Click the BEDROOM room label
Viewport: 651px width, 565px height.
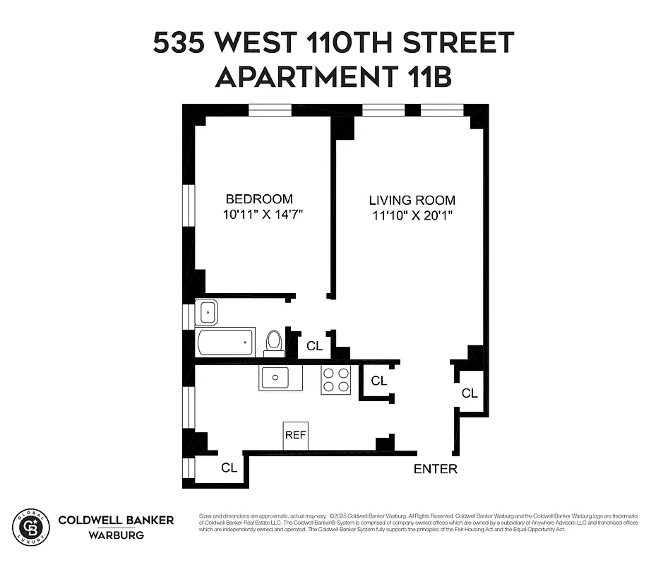258,199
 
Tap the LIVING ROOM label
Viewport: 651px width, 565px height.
412,200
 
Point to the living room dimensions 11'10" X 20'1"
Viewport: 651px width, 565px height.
412,215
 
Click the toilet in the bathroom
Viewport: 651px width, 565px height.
274,343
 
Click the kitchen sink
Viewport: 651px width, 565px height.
280,377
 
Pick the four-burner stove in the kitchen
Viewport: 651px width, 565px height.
336,380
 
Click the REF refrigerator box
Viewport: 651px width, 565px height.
295,434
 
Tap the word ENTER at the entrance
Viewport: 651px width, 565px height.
435,468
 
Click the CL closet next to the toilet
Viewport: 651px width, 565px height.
315,346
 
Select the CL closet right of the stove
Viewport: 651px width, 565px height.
379,381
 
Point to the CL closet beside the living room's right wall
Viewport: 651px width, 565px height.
470,393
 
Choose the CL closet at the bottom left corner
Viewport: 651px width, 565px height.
229,468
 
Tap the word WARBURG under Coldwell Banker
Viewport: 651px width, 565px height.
116,535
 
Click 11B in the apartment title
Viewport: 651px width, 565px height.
424,76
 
